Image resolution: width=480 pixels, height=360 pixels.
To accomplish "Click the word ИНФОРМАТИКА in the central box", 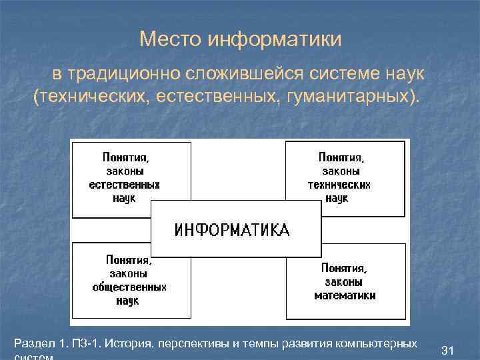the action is tap(232, 231).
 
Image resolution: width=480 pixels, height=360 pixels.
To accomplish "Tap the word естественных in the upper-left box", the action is tap(125, 185).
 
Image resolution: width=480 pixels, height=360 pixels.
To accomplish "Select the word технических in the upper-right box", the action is tap(339, 185).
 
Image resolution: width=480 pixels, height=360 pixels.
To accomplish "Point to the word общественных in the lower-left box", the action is tap(129, 287).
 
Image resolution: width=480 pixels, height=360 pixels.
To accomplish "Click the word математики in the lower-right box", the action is tap(345, 295).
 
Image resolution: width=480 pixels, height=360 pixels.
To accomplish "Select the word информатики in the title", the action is tap(275, 40).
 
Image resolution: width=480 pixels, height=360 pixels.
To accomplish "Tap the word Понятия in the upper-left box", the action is tap(125, 157).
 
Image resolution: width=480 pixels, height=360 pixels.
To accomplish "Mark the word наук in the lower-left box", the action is tap(127, 301).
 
